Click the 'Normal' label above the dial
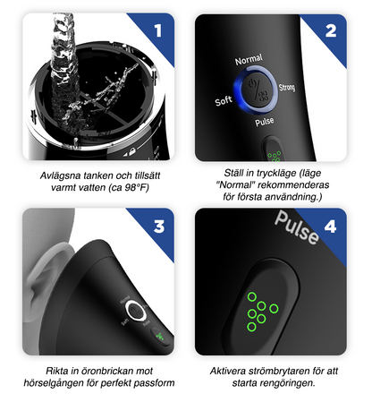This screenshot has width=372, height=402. (x=249, y=60)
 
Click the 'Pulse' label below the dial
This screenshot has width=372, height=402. (x=264, y=120)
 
